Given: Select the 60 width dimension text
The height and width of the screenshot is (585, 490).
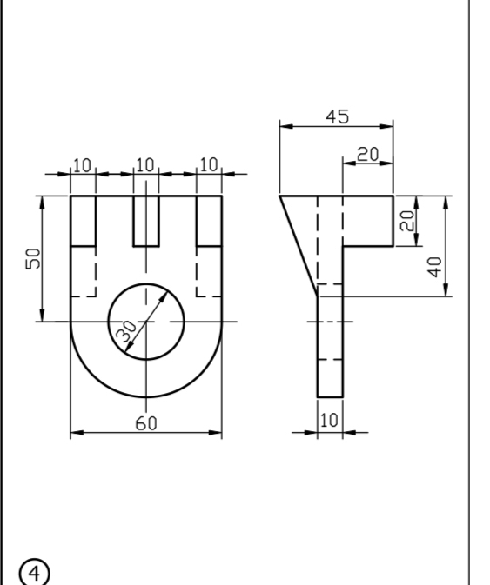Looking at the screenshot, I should (x=146, y=423).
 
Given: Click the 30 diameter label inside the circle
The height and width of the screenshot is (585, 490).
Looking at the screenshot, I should (x=127, y=331).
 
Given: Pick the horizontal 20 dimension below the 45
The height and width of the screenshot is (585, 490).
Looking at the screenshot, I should (x=368, y=154).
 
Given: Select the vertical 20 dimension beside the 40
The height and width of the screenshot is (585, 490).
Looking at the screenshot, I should (x=406, y=221).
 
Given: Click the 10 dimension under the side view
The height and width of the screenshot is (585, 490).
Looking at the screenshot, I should (x=329, y=421).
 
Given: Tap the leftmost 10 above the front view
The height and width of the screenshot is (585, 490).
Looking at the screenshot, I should (x=82, y=164).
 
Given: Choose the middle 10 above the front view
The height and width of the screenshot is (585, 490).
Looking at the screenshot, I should (x=145, y=164).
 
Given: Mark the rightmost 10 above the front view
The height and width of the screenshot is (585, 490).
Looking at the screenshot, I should (x=209, y=164).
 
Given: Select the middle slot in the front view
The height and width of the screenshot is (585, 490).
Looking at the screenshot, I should (x=145, y=221).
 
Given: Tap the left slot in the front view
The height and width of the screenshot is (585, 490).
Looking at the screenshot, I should (x=82, y=221).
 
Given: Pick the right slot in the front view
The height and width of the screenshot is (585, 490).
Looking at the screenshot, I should (x=209, y=221).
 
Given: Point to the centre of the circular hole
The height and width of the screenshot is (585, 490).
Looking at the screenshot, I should (x=145, y=322).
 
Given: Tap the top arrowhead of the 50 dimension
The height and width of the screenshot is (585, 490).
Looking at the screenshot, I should (x=41, y=201).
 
